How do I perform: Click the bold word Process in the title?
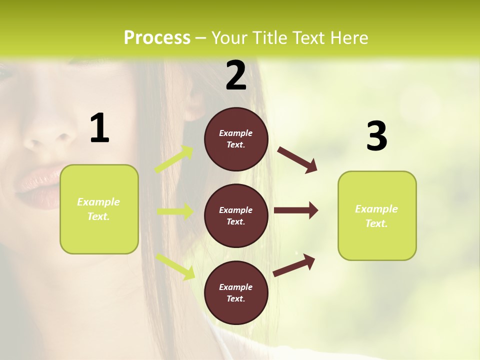coord(157,38)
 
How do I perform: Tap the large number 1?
coord(99,128)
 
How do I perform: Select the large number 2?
coord(236,75)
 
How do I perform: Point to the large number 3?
coord(376,136)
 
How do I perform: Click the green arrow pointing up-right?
coord(174,159)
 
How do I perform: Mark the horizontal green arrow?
coord(175,211)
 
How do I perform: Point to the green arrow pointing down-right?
coord(175,266)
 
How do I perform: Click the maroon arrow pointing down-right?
coord(297,159)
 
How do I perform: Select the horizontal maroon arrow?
coord(296,210)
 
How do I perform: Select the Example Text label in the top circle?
coord(236,139)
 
